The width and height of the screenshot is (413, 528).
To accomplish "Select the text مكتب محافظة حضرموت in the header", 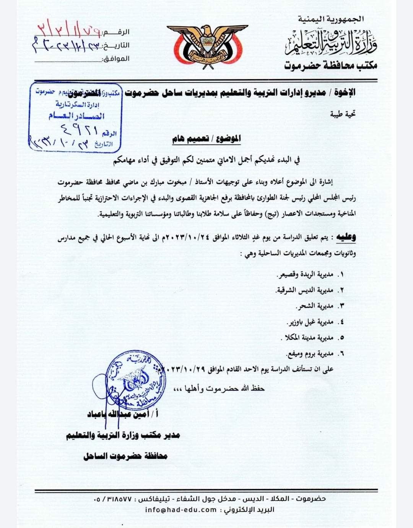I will point(330,66).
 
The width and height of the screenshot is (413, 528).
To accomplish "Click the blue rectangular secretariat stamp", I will point(75,116).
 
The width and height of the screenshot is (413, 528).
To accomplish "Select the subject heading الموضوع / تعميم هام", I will point(206,139).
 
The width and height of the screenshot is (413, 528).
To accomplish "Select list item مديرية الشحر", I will point(316,306).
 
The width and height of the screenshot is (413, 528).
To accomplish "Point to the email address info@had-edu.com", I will point(181,509).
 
